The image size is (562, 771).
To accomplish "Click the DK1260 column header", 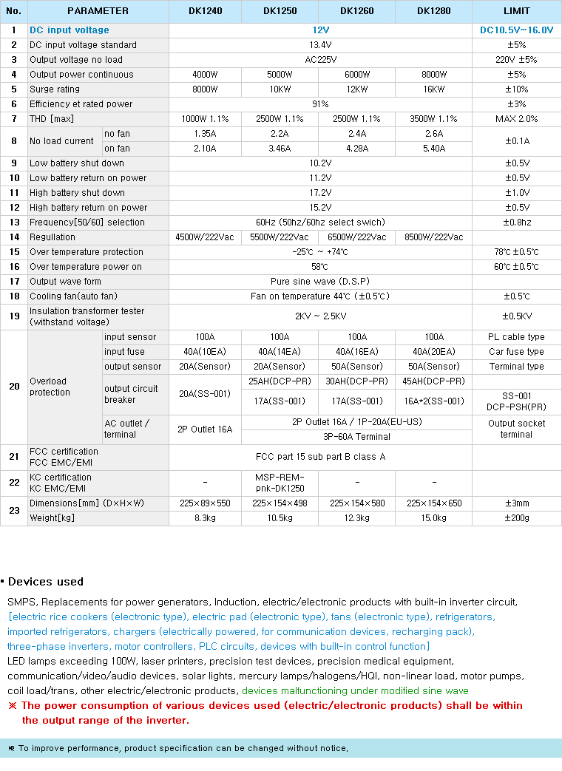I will click(357, 11).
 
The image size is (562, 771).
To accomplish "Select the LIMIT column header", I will click(517, 11).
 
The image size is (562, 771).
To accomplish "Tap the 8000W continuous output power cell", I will click(434, 75).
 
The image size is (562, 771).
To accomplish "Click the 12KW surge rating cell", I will click(357, 89).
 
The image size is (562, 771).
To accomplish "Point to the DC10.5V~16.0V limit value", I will click(517, 30).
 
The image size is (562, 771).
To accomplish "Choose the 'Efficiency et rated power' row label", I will click(81, 104).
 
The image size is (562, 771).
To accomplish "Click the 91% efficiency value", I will click(320, 104).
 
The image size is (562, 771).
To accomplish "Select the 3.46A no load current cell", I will click(280, 149).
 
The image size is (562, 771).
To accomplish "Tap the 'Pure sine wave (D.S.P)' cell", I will click(320, 282).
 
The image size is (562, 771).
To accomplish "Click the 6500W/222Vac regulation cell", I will click(357, 237).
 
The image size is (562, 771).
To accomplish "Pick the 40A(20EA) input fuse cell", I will click(434, 352).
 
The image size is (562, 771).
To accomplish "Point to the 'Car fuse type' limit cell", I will click(516, 352).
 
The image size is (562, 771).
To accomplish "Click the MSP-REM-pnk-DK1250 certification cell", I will click(280, 483).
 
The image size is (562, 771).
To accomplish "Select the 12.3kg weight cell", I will click(357, 518).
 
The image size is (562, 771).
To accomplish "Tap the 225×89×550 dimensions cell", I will click(205, 503).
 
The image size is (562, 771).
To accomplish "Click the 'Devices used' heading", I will click(46, 582).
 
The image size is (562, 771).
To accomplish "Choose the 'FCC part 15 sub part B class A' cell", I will click(320, 457).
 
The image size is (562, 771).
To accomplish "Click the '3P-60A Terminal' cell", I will click(357, 437).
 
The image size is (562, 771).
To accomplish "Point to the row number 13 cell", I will click(14, 223).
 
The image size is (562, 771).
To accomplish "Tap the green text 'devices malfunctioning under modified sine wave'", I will click(355, 691).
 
